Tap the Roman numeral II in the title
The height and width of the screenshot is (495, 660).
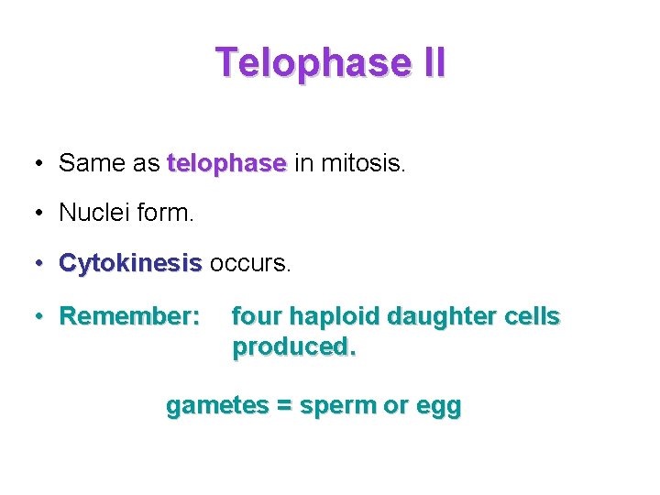(x=431, y=63)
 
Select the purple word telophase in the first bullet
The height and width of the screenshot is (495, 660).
(x=227, y=164)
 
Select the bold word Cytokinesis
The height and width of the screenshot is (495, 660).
(x=129, y=264)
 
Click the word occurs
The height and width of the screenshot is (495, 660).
(x=249, y=264)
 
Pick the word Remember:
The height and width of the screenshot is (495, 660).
(x=129, y=317)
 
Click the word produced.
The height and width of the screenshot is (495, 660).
(x=293, y=347)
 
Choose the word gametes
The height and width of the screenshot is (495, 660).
(x=215, y=406)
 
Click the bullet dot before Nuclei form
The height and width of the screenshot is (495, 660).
(x=39, y=214)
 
